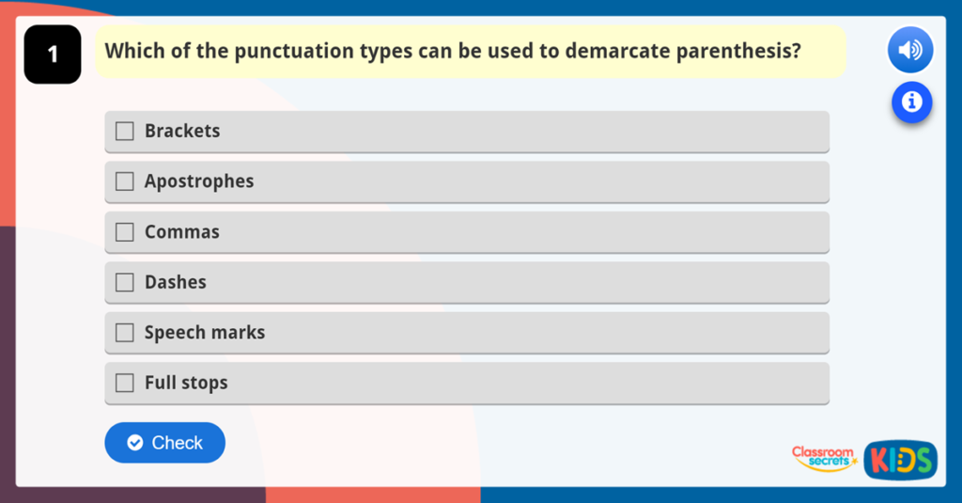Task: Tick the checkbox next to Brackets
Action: point(125,132)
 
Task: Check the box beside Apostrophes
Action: point(125,181)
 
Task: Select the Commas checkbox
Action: point(125,232)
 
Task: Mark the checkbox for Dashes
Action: point(125,282)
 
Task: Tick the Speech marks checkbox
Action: point(125,333)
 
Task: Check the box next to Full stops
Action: point(125,383)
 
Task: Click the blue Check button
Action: point(164,443)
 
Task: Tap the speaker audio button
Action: point(909,50)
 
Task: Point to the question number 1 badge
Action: point(53,55)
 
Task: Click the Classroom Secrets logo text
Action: point(823,457)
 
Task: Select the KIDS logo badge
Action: point(900,460)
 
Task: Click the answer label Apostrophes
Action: point(199,181)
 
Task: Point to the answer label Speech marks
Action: point(205,333)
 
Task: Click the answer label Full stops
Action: point(186,383)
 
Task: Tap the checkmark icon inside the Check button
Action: point(135,443)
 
